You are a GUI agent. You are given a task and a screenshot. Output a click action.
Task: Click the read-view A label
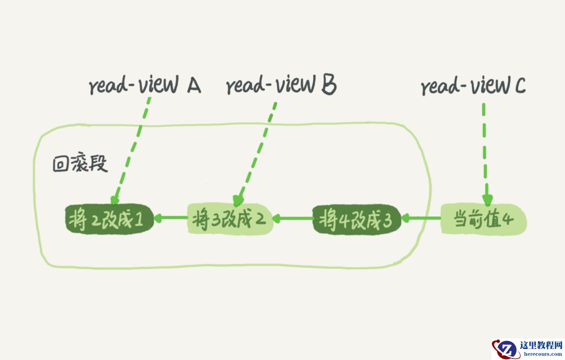144,86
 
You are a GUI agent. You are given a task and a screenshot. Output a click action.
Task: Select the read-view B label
281,85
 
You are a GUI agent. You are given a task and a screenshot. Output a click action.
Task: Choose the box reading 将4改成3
356,219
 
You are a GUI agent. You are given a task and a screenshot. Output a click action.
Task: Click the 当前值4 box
483,219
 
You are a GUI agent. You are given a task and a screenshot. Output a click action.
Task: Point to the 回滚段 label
80,164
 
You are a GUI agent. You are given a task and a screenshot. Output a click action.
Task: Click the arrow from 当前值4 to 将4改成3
421,218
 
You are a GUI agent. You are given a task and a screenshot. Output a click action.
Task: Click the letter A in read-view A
193,86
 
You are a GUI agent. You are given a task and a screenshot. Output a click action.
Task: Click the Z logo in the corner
506,348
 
